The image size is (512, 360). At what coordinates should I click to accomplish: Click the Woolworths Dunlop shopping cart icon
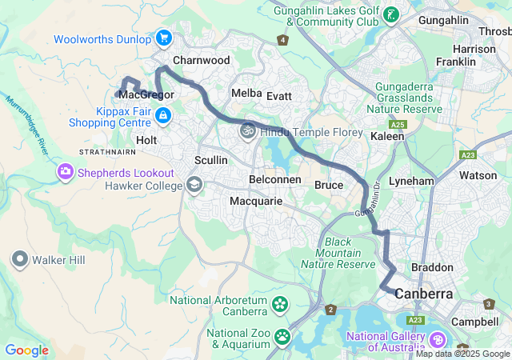(x=164, y=38)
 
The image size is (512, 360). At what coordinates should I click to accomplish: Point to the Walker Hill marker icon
(x=19, y=259)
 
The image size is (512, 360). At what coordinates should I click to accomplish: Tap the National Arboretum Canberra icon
(x=280, y=304)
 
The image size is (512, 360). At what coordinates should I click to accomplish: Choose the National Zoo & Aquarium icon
(x=282, y=337)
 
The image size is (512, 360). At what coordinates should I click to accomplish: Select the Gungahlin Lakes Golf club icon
(x=391, y=14)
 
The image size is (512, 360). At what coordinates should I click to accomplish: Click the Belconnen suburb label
(x=275, y=180)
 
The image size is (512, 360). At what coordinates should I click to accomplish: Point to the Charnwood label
(x=202, y=61)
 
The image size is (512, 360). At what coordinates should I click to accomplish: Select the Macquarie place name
(x=256, y=202)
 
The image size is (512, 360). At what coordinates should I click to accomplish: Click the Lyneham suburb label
(x=410, y=182)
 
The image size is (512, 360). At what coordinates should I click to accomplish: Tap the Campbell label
(x=475, y=322)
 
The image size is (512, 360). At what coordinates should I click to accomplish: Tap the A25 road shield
(x=398, y=126)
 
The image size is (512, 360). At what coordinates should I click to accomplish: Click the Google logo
(x=26, y=350)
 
